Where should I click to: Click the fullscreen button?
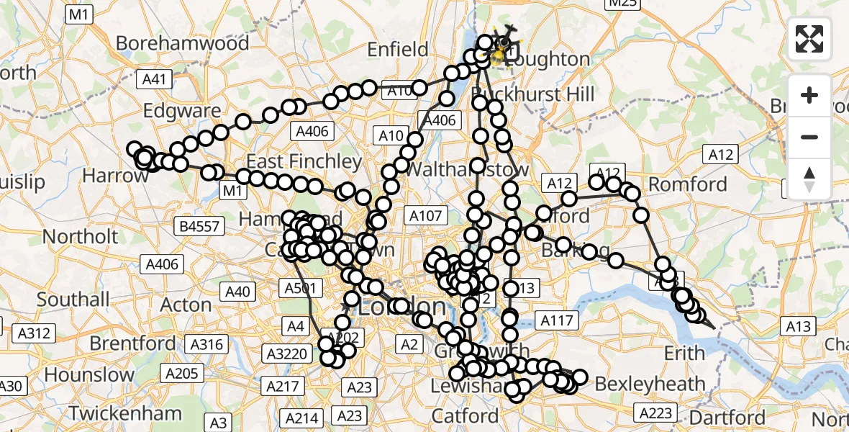pyautogui.click(x=809, y=39)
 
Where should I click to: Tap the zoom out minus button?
pyautogui.click(x=809, y=137)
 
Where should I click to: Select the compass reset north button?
pyautogui.click(x=809, y=178)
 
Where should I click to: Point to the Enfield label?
pyautogui.click(x=397, y=50)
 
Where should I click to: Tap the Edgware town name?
pyautogui.click(x=182, y=111)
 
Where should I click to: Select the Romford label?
pyautogui.click(x=689, y=184)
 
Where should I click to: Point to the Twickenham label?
pyautogui.click(x=125, y=413)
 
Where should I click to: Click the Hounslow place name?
pyautogui.click(x=89, y=374)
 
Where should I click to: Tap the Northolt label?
pyautogui.click(x=80, y=236)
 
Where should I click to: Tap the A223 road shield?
pyautogui.click(x=655, y=413)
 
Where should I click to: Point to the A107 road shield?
pyautogui.click(x=427, y=215)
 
